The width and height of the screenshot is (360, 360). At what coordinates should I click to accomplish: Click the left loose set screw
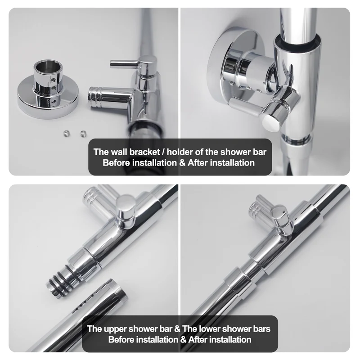click(x=66, y=133)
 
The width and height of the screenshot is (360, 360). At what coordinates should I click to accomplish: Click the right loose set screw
click(x=83, y=133)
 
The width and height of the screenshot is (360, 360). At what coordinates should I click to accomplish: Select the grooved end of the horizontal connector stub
click(x=93, y=97)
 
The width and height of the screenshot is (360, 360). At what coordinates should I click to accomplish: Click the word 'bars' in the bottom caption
click(x=261, y=329)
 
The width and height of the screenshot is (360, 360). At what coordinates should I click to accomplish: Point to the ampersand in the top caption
click(x=182, y=163)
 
